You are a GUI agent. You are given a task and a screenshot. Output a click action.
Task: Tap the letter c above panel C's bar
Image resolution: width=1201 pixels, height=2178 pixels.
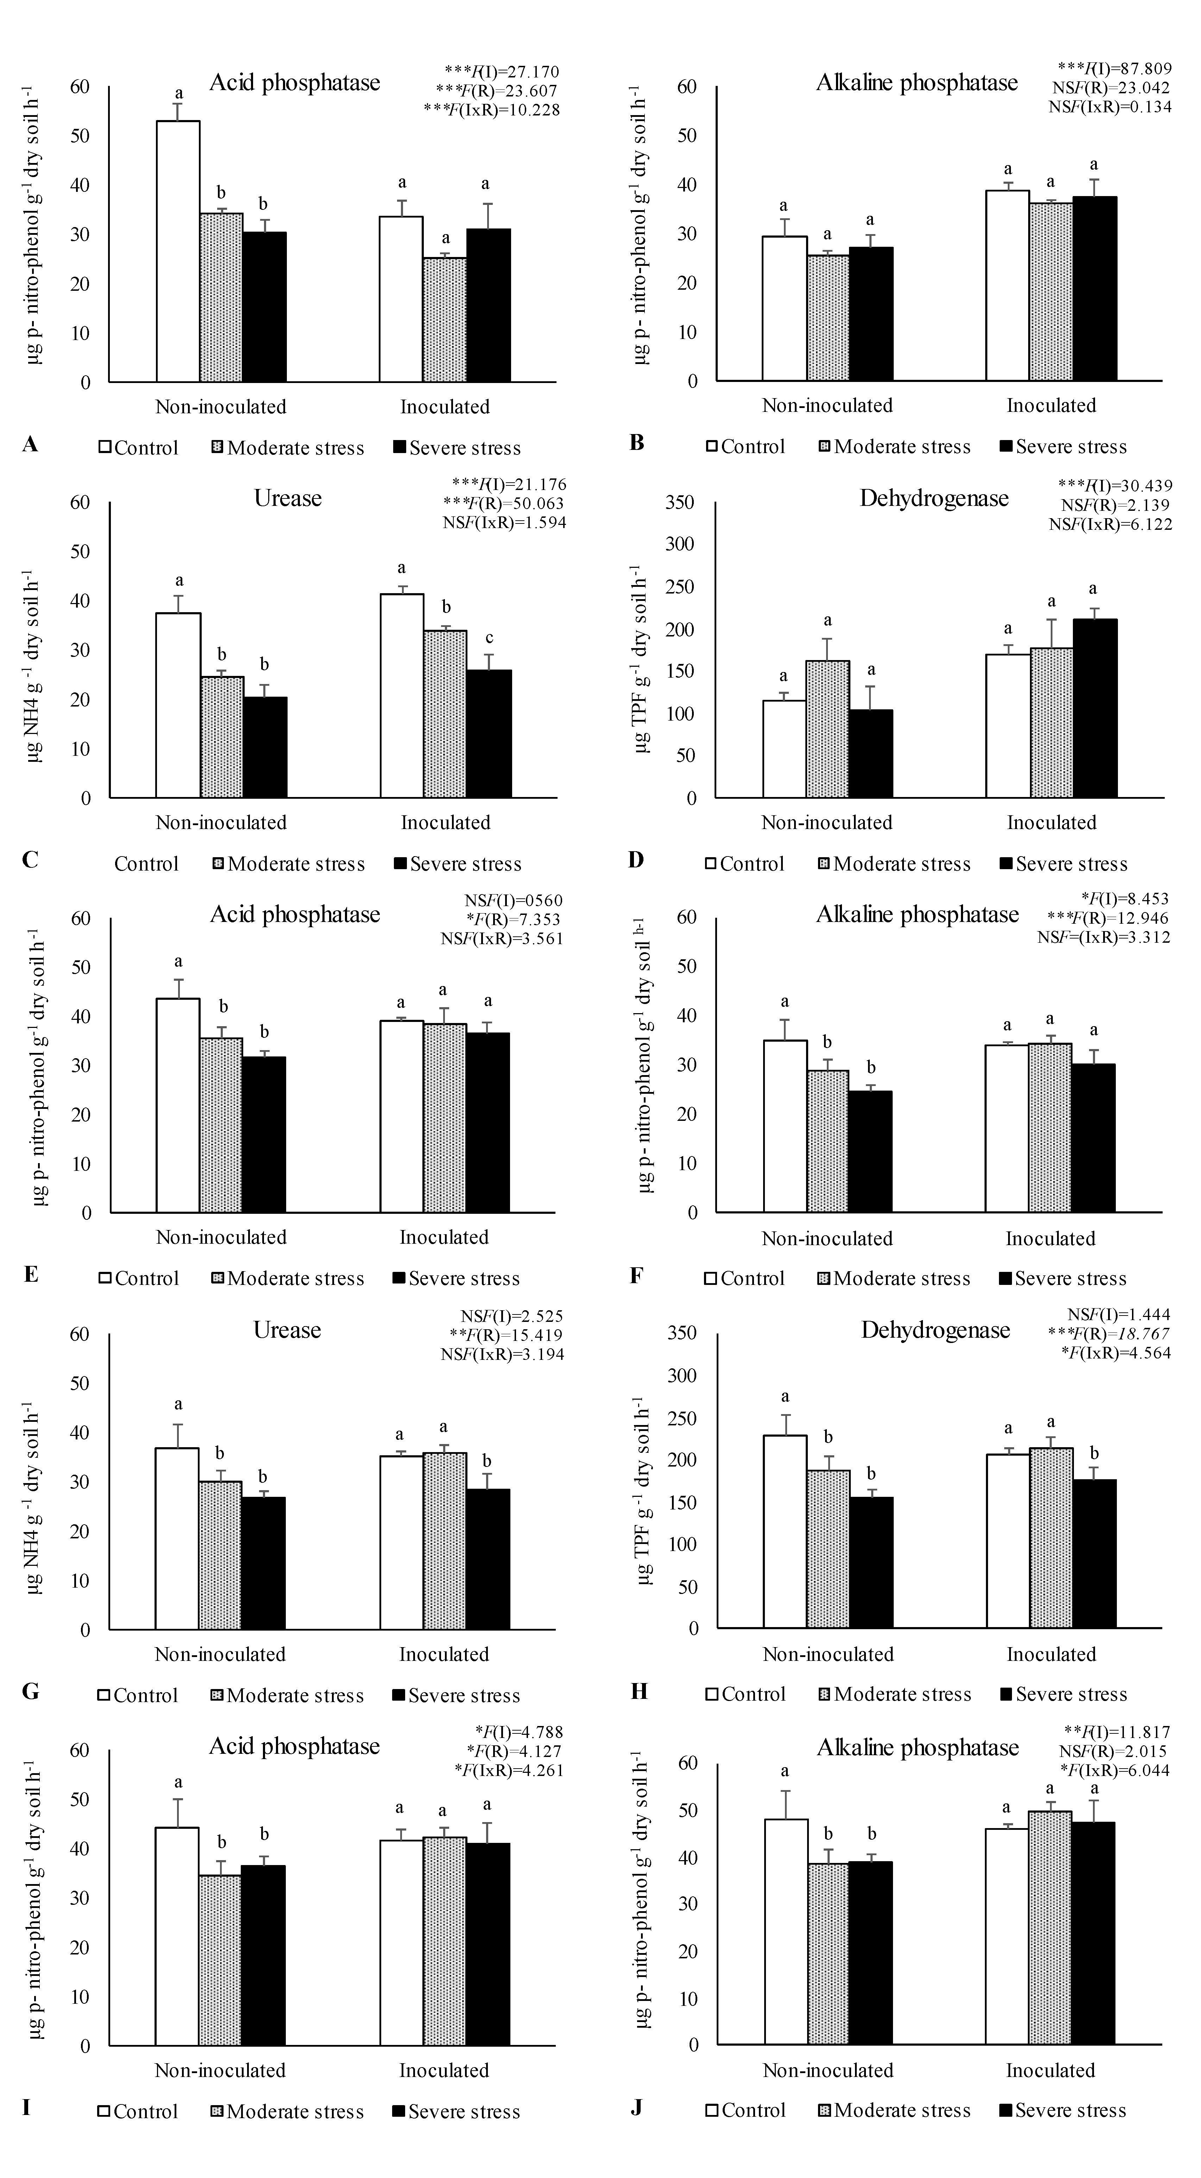[489, 638]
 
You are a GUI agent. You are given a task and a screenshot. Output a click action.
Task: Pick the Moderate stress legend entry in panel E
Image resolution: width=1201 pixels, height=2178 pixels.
[287, 1279]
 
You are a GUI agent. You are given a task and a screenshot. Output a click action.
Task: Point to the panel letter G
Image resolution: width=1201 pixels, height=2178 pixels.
[30, 1691]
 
